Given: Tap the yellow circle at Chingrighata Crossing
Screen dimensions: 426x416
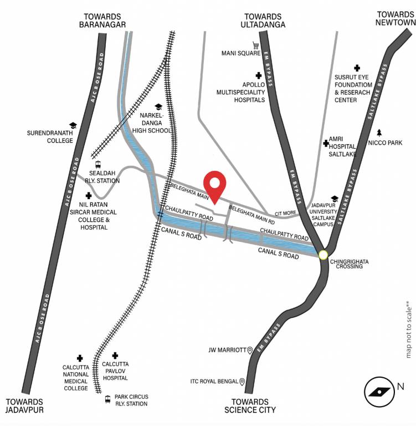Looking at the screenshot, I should tap(323, 255).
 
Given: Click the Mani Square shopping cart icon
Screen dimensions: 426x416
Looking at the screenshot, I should tap(256, 45).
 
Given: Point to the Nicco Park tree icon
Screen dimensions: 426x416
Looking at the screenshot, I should tap(379, 133).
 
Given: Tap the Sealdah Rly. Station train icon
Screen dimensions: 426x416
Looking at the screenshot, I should tap(98, 164).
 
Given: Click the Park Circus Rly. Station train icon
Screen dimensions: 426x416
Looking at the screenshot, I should tap(107, 399).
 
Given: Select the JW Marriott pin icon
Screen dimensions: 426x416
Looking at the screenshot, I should tap(250, 350).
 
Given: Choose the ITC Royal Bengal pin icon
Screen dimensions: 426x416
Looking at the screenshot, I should tap(242, 382).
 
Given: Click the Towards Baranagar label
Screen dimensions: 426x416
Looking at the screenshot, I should tap(103, 21).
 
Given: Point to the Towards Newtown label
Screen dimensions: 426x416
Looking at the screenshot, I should tap(395, 18).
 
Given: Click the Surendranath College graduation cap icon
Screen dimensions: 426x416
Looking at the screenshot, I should tap(73, 126).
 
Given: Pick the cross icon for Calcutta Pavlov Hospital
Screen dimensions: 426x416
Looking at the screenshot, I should tap(115, 356).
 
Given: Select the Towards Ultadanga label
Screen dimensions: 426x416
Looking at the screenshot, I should tap(263, 21).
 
